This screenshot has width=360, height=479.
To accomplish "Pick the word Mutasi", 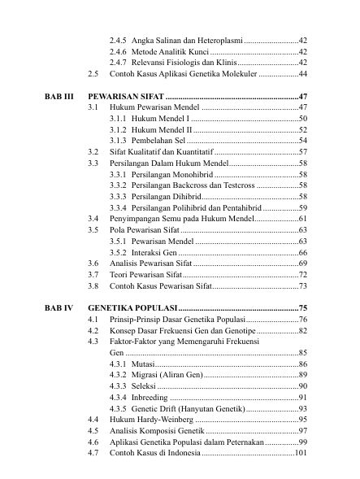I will click(x=141, y=364).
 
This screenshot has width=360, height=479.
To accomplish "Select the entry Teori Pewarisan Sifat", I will click(x=145, y=275).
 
